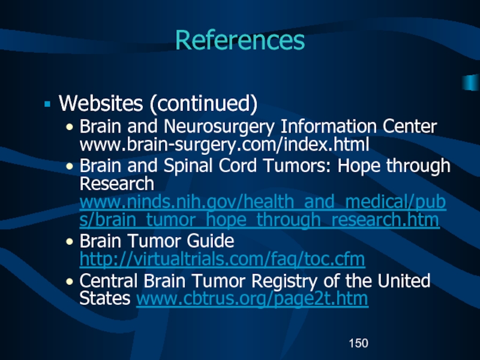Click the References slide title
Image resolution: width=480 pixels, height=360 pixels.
pos(240,41)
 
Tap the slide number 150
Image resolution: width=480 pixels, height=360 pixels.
pos(358,343)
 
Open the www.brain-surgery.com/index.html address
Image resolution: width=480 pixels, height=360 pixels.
pos(224,144)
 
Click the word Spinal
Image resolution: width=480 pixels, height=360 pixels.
pos(205,166)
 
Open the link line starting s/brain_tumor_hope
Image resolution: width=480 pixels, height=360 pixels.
pos(260,220)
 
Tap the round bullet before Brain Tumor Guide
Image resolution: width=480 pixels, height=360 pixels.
pos(71,242)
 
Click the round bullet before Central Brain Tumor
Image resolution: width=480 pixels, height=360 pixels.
pos(71,281)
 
